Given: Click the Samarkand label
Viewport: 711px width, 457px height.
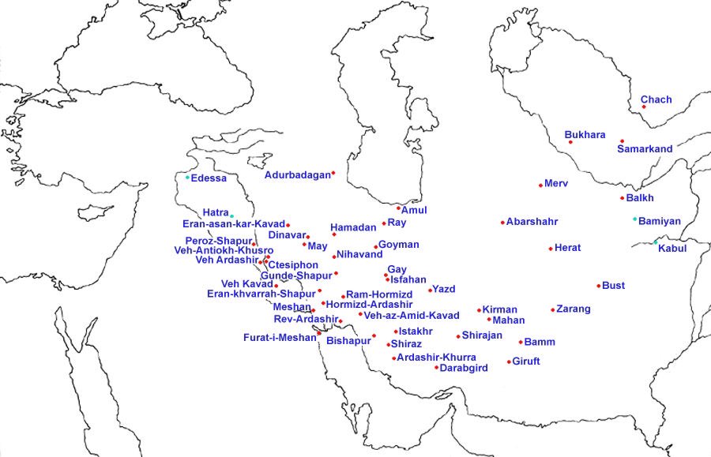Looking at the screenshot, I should point(645,149).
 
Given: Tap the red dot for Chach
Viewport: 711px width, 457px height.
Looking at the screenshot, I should point(645,107).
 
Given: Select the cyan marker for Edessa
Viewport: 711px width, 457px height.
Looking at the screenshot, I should point(187,178).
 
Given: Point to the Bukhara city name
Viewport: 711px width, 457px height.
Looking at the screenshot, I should point(585,135).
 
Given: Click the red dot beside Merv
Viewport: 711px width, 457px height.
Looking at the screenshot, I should point(540,185).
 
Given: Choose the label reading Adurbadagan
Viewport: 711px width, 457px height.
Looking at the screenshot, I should point(297,175).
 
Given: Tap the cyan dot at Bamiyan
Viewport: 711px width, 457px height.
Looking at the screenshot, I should point(634,219).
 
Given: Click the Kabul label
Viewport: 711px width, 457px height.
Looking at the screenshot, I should point(672,249).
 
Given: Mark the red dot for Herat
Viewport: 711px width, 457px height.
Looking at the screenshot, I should point(550,249).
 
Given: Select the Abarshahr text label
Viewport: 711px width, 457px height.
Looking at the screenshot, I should point(532,222).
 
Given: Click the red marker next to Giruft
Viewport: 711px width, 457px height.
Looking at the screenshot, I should point(510,361).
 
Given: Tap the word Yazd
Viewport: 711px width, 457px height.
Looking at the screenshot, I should point(443,290).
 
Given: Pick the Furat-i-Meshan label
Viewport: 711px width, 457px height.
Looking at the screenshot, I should point(280,338).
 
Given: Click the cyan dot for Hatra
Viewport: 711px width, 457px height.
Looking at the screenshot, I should point(231,215).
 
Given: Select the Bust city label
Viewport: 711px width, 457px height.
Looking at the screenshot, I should point(613,286).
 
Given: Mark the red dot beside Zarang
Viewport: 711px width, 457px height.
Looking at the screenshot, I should point(552,310).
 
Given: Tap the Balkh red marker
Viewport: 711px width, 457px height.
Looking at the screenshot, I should point(622,198).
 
